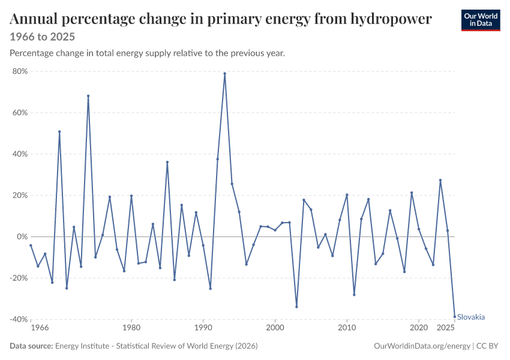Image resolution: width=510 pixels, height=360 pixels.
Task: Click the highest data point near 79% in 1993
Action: coord(225,73)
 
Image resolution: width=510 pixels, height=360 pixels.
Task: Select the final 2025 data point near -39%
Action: coord(455,316)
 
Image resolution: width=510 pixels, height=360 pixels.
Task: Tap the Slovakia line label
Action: coord(471,317)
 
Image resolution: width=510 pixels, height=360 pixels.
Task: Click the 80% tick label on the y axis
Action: coord(20,71)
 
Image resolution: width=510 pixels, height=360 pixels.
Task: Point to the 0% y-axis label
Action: coord(22,237)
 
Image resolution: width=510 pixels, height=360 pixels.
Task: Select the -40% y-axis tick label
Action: coord(19,319)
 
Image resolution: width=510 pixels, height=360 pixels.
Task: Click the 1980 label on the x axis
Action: coord(131,328)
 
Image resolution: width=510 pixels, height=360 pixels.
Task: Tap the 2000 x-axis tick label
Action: coord(275,328)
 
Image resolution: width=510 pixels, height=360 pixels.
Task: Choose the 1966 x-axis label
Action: coord(40,328)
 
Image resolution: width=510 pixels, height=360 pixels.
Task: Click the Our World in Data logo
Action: coord(481,20)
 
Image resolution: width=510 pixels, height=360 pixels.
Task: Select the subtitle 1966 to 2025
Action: coord(42,37)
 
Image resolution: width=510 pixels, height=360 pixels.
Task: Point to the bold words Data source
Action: coord(31,346)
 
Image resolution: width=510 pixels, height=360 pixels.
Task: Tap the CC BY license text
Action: coord(487,346)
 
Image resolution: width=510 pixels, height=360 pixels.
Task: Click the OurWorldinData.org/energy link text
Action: coord(422,346)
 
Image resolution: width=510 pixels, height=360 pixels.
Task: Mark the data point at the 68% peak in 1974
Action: coord(88,96)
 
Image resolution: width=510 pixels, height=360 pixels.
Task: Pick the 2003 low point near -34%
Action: coord(296,307)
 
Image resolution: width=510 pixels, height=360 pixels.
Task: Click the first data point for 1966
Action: coord(31,245)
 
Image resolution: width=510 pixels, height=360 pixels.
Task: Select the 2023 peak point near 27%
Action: coord(440,180)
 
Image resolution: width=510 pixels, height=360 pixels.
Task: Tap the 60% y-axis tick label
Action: coord(20,113)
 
